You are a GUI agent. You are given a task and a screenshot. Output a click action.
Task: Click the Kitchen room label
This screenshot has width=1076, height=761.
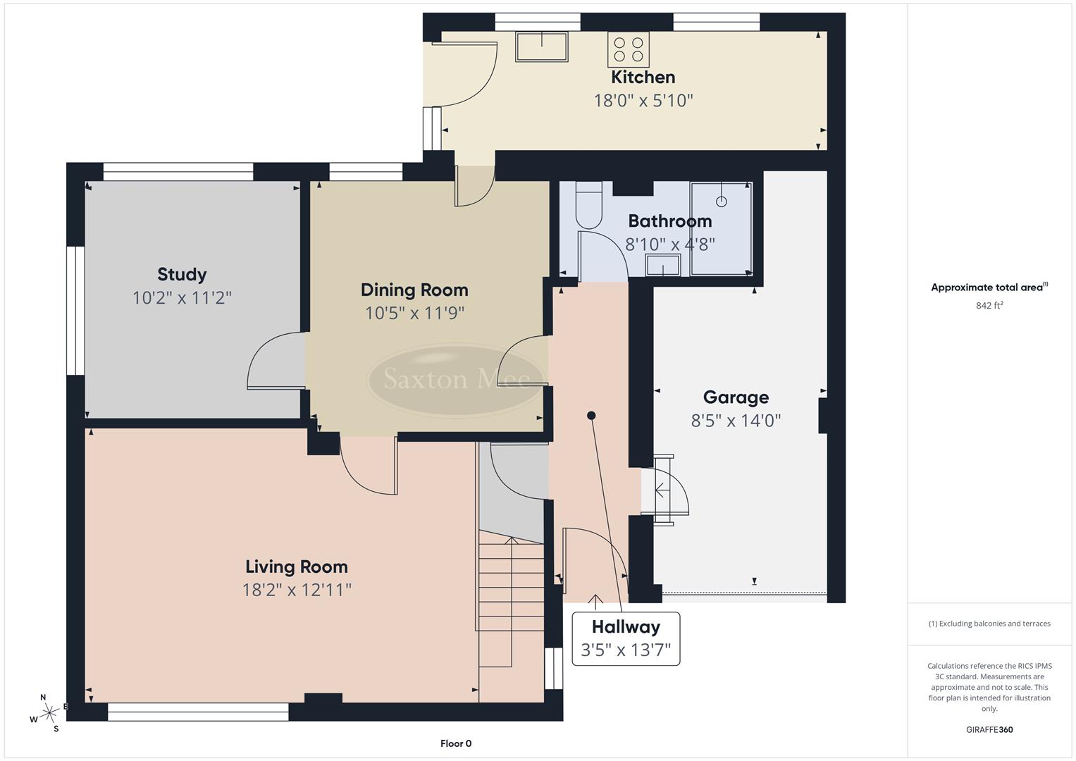tap(643, 77)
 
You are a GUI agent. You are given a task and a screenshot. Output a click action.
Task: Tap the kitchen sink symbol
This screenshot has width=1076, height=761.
tap(541, 47)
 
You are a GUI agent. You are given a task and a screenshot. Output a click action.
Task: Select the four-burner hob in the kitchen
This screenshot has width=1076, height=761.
tap(628, 49)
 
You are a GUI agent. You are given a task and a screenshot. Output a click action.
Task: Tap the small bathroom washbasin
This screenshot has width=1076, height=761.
tap(663, 266)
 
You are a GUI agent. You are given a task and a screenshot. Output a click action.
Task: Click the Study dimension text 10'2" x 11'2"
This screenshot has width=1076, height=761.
tap(182, 298)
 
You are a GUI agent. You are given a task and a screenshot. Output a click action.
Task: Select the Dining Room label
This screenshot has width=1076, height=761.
tap(414, 290)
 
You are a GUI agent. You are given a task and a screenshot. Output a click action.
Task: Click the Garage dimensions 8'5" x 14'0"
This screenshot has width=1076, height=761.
tap(736, 421)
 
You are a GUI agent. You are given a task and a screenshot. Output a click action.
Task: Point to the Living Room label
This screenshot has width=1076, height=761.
tap(297, 567)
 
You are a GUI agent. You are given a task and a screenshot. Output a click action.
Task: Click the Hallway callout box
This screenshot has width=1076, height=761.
tap(626, 638)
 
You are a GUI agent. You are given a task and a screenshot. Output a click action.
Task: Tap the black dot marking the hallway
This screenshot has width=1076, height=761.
tap(591, 416)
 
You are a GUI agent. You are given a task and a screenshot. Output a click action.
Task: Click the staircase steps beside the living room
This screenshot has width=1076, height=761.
tap(511, 599)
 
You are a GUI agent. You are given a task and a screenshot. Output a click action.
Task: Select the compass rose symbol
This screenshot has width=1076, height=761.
tap(49, 713)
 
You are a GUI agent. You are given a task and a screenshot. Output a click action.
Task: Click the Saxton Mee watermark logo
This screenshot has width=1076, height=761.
tap(457, 380)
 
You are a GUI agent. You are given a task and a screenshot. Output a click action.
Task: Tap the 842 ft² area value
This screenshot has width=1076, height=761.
tap(989, 306)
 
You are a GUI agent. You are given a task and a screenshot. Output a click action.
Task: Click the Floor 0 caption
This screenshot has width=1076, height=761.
tap(456, 743)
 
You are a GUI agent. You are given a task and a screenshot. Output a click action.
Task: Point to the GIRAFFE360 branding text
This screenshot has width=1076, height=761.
tap(989, 730)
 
